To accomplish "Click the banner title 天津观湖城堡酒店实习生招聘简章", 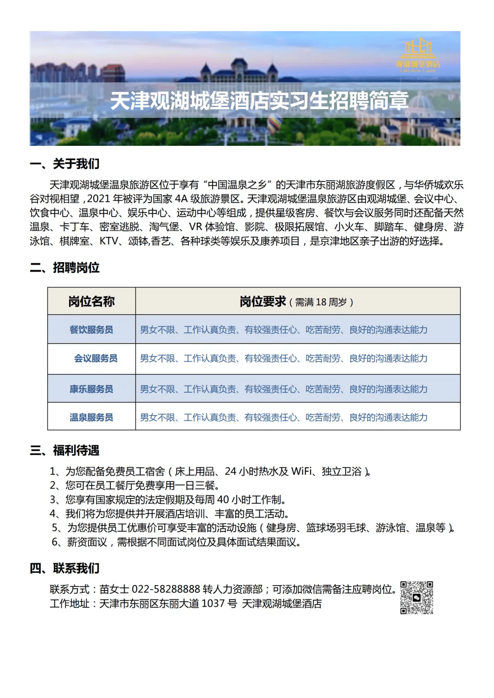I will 259,101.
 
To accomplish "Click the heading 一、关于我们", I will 64,164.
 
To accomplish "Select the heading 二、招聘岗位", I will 64,267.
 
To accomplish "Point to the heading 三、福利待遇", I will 64,450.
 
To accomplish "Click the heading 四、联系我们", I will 64,568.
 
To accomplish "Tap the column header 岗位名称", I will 91,301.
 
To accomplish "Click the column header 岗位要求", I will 263,302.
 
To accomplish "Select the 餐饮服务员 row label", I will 91,330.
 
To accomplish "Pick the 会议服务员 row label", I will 96,358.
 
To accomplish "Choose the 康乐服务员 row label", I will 91,389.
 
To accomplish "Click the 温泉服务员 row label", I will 91,417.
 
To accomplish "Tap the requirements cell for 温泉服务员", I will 284,417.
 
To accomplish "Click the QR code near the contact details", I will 417,597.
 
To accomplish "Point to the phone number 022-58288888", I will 166,589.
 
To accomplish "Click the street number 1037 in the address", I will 213,603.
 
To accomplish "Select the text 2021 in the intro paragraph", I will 98,199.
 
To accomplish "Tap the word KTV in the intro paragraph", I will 109,241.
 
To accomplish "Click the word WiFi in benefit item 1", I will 301,471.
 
